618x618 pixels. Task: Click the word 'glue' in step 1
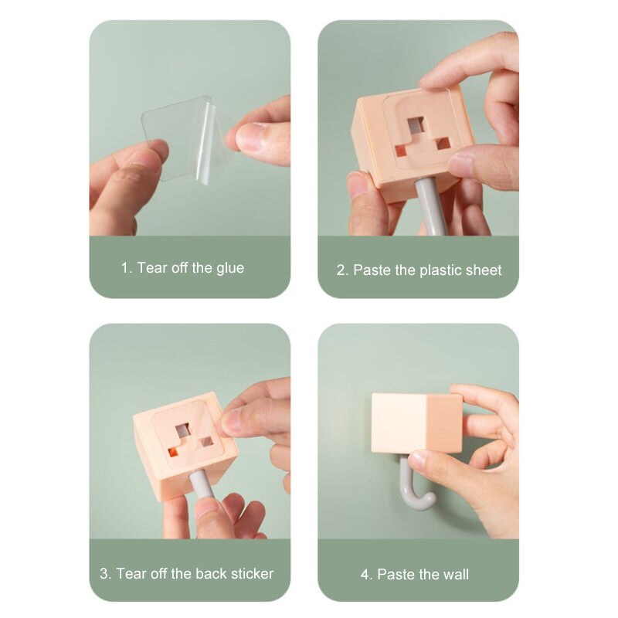(x=229, y=268)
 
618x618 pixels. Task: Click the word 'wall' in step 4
(x=455, y=575)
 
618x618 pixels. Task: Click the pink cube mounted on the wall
(x=416, y=422)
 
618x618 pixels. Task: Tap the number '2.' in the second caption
(x=342, y=270)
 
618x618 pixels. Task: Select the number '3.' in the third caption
(x=106, y=574)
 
